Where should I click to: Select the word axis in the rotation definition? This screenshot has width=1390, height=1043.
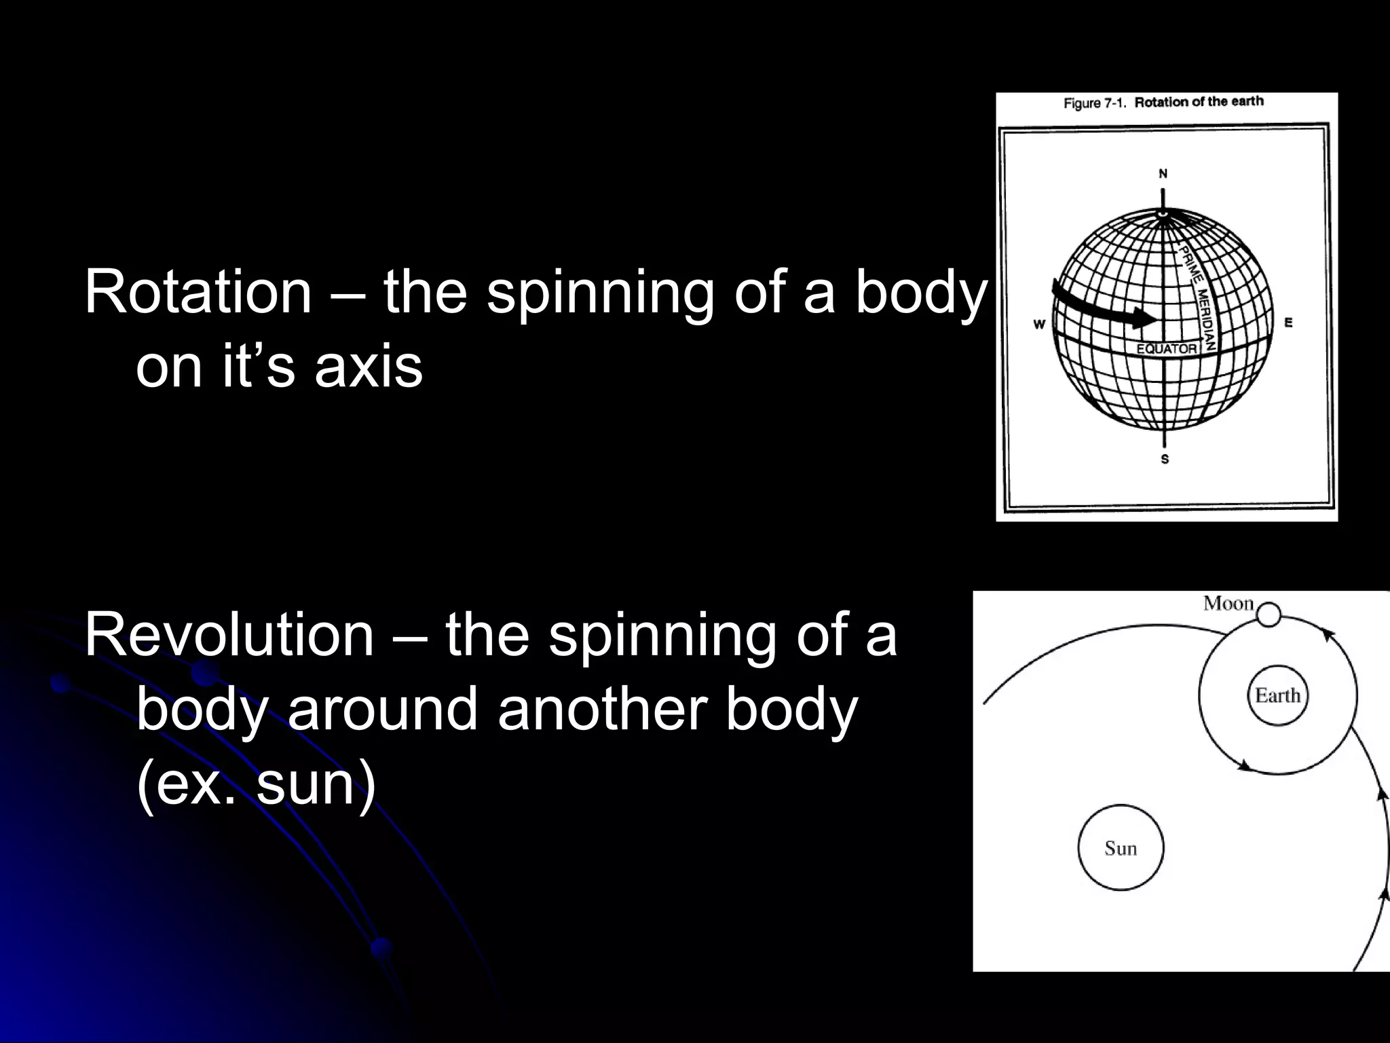[369, 367]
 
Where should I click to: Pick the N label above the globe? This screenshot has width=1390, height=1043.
[1163, 174]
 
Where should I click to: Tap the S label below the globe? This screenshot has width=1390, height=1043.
[1165, 459]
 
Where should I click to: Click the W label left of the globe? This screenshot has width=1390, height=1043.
[1039, 325]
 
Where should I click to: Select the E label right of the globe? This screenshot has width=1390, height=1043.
[1288, 323]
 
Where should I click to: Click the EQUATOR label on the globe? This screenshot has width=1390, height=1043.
[1167, 349]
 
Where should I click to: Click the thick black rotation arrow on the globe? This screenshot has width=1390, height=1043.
[1100, 308]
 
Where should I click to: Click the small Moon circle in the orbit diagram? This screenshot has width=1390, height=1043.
[1268, 615]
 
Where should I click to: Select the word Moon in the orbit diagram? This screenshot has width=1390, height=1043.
[1228, 603]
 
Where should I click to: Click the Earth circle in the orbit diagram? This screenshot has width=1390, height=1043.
[1277, 696]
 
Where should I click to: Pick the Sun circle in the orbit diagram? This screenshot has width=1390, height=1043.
[1121, 848]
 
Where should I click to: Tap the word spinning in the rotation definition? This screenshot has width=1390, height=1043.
[599, 293]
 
